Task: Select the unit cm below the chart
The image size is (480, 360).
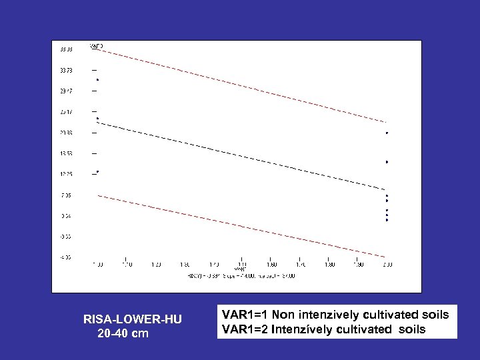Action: coord(140,333)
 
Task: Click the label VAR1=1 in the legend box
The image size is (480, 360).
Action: coord(246,315)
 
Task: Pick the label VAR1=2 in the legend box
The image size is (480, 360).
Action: coord(246,329)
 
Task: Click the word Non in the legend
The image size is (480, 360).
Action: coord(288,315)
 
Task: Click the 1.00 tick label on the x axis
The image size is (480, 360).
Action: coord(97,265)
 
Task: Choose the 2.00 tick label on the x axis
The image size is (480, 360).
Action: coord(387,265)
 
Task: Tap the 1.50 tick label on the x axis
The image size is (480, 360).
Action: coord(242,265)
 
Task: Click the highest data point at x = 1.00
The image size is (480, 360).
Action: coord(97,80)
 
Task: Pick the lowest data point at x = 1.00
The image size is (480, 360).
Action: coord(97,171)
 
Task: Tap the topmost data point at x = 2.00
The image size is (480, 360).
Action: coord(387,133)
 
